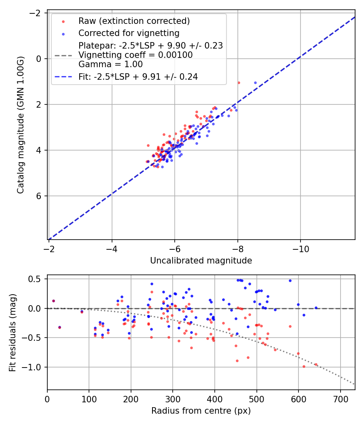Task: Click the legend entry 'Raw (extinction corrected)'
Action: (134, 21)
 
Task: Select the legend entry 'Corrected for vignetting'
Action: (129, 33)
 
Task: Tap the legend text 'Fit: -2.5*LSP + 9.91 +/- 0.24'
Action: (138, 76)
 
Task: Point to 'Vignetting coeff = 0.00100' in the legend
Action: (135, 55)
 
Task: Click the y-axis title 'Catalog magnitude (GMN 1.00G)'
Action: (21, 125)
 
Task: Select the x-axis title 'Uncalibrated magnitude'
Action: (201, 261)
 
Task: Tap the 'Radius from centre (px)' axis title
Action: (201, 411)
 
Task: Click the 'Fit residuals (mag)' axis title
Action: (13, 332)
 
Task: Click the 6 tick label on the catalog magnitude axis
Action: (40, 196)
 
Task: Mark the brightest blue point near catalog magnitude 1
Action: (255, 83)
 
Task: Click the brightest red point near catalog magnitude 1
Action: (239, 83)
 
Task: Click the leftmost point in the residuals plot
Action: (53, 301)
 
